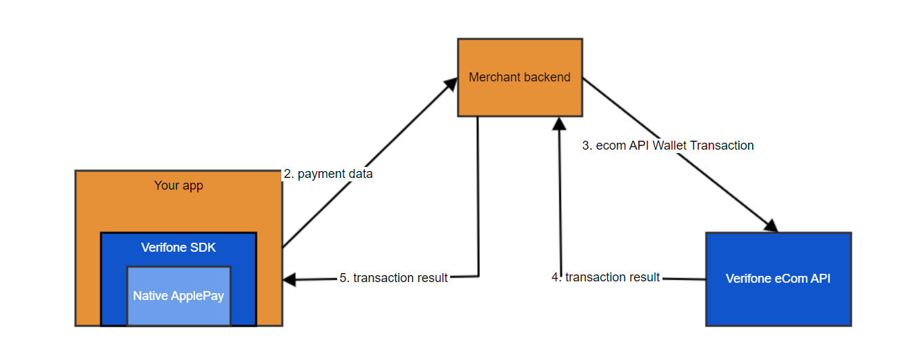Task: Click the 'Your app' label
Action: pyautogui.click(x=179, y=186)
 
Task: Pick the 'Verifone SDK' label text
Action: pyautogui.click(x=178, y=248)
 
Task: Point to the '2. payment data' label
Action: pyautogui.click(x=328, y=174)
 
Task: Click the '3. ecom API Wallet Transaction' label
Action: pyautogui.click(x=667, y=146)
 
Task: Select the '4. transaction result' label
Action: pyautogui.click(x=606, y=277)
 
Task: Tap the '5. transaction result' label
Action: pyautogui.click(x=394, y=278)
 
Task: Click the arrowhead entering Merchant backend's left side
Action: pyautogui.click(x=450, y=83)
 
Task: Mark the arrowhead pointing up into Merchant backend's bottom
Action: pyautogui.click(x=560, y=124)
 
